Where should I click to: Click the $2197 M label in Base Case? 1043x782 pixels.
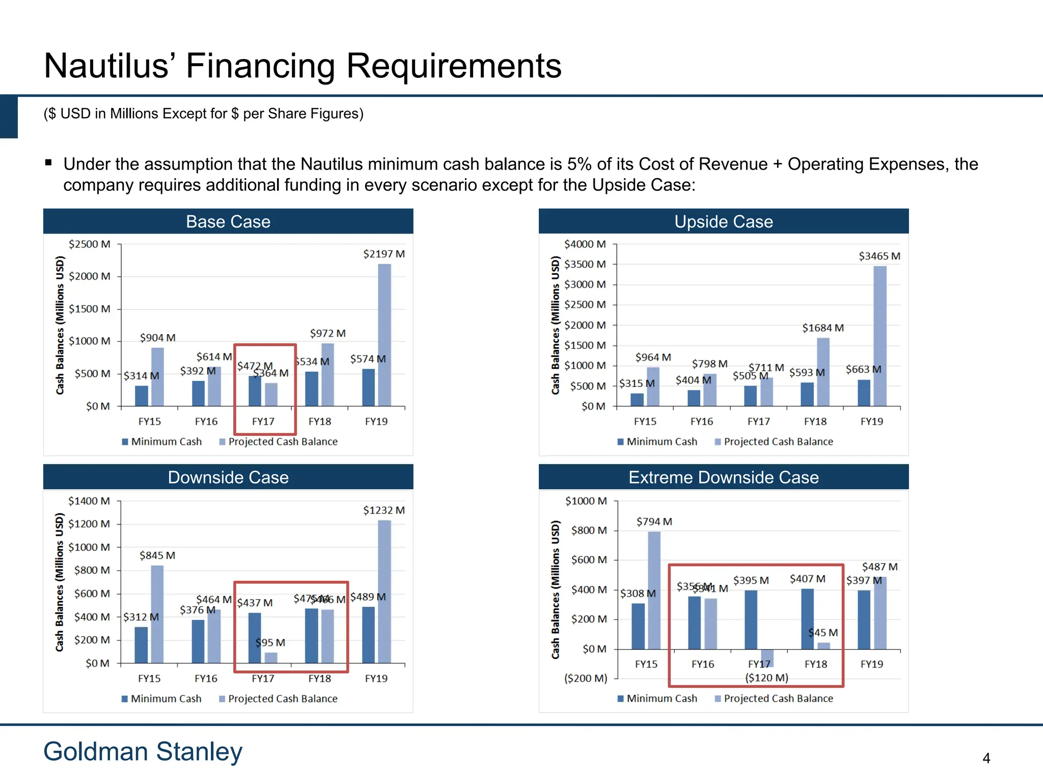coord(383,254)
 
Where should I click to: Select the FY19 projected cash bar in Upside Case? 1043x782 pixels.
coord(880,336)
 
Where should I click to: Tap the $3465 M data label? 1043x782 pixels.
coord(879,256)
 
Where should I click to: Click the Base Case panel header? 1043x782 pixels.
coord(228,221)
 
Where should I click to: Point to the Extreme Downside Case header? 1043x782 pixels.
coord(723,477)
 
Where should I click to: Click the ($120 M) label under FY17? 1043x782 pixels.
coord(766,678)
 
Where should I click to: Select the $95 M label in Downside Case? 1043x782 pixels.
coord(270,643)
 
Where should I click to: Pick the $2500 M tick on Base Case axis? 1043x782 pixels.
coord(90,244)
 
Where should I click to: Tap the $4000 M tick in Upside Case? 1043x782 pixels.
coord(585,244)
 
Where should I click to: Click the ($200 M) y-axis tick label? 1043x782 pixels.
coord(586,678)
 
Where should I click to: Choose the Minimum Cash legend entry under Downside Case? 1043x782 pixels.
coord(161,699)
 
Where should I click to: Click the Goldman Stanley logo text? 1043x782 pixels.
coord(143,751)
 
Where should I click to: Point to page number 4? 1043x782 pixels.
coord(986,758)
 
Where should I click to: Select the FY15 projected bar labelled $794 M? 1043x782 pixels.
coord(654,590)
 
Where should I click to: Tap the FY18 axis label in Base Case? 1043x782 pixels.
coord(319,422)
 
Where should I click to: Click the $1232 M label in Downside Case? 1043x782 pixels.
coord(383,510)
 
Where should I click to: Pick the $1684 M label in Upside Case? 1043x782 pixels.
coord(822,328)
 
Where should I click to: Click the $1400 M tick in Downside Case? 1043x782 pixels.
coord(89,501)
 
